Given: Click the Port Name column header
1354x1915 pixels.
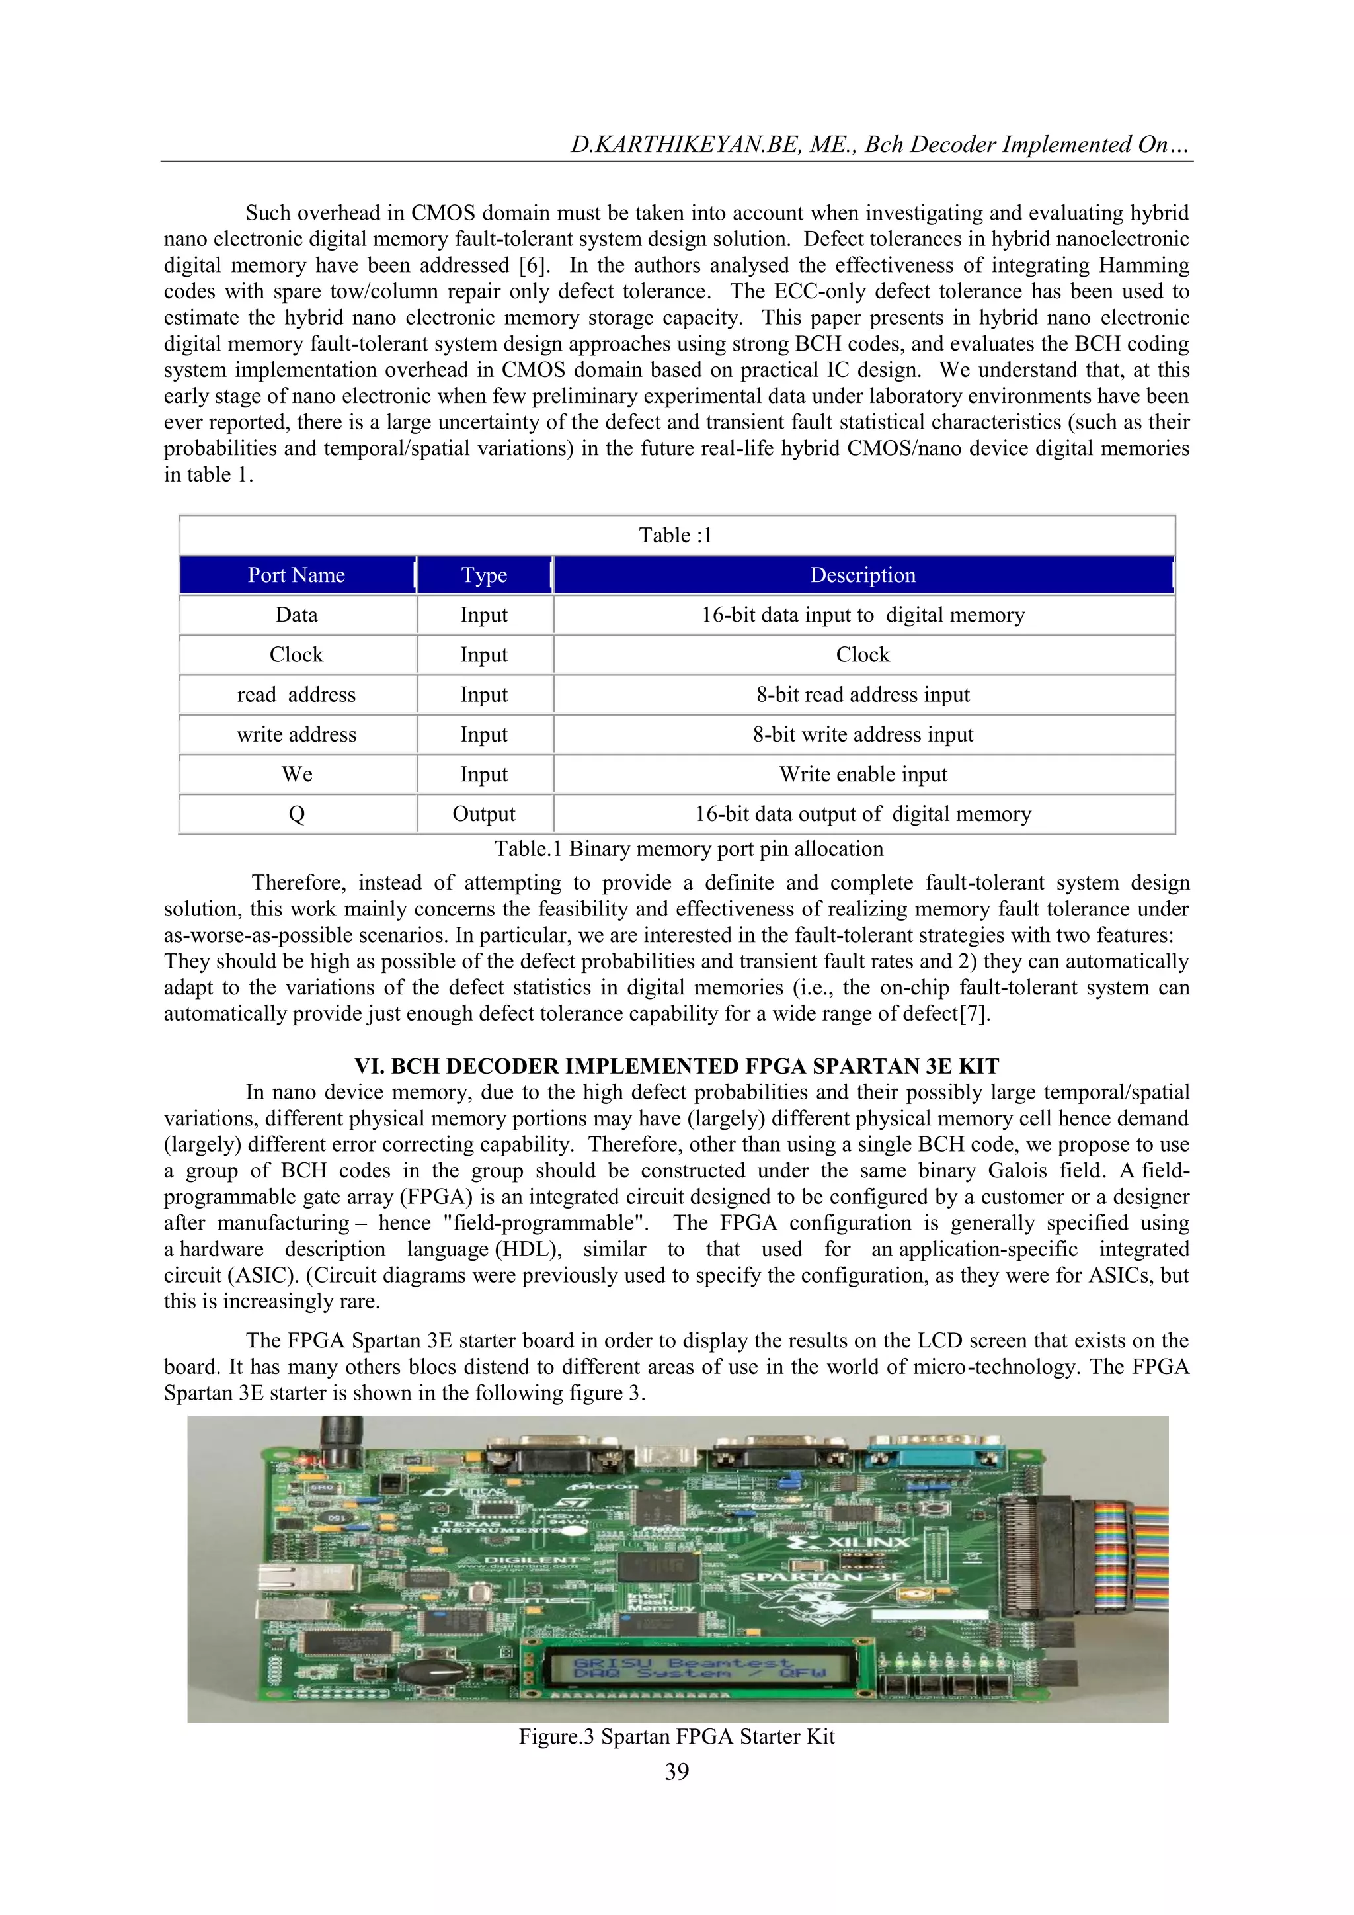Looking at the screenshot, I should [x=297, y=575].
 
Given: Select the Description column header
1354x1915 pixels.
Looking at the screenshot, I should [x=863, y=575].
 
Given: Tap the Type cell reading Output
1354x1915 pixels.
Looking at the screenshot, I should [x=483, y=814].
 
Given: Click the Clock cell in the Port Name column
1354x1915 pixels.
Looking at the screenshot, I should [x=297, y=655].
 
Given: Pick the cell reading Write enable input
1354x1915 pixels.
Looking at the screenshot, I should [x=863, y=774].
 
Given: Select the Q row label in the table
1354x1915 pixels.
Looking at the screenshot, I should [x=297, y=814].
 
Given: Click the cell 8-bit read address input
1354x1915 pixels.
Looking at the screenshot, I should [x=863, y=695].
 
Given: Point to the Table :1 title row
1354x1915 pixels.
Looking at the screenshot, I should [x=676, y=535].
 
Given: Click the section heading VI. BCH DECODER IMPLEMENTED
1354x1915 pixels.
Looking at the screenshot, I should [x=676, y=1066].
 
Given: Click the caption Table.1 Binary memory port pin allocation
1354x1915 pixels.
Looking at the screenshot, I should [x=689, y=849].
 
